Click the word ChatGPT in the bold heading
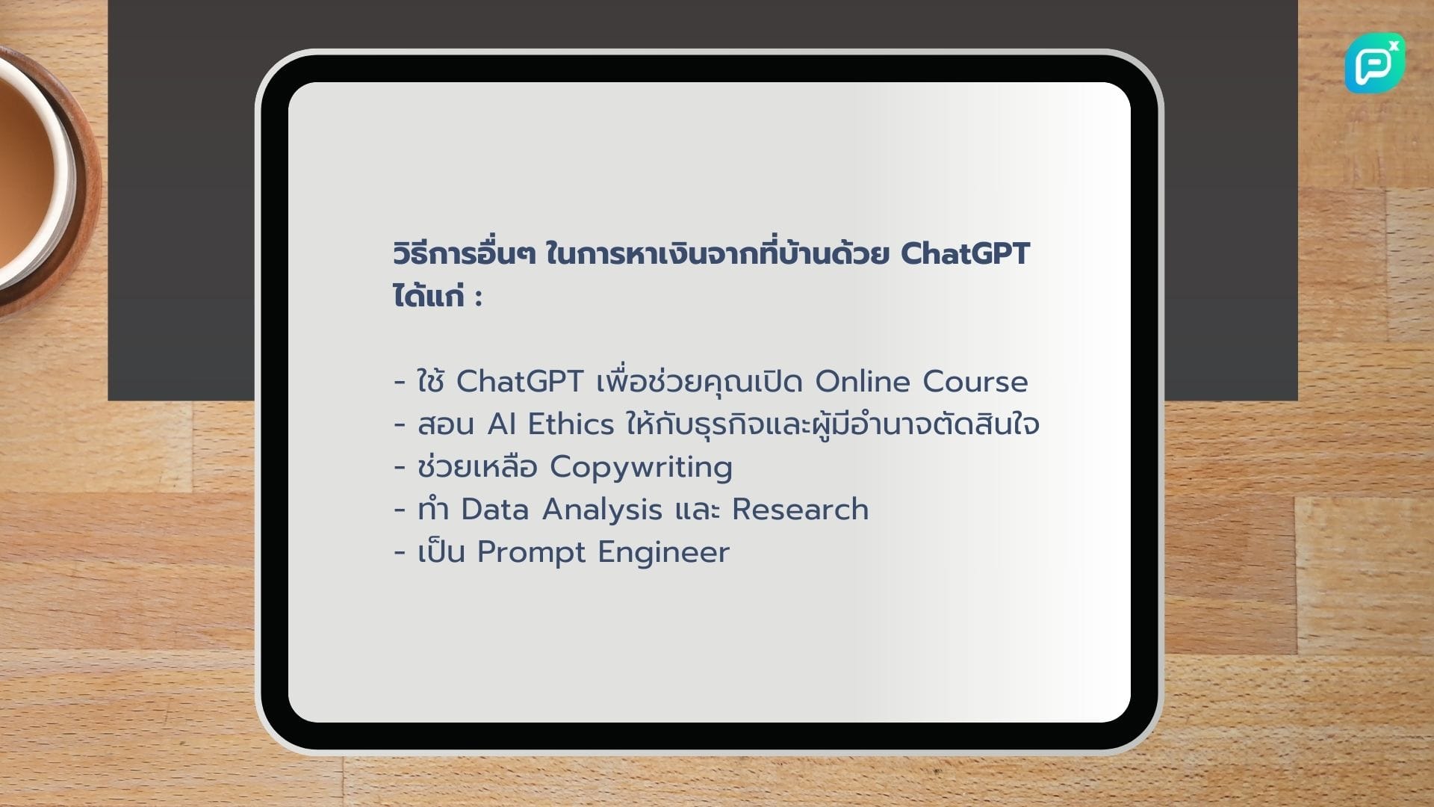click(x=965, y=254)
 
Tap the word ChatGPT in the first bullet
click(x=519, y=382)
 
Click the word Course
click(x=975, y=382)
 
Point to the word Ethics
click(x=571, y=424)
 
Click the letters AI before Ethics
click(x=501, y=424)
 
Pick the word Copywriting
click(x=641, y=468)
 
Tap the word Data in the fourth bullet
click(x=494, y=510)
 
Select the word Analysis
click(x=602, y=510)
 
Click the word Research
click(x=800, y=510)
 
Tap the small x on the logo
click(x=1394, y=46)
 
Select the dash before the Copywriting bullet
click(x=400, y=468)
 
